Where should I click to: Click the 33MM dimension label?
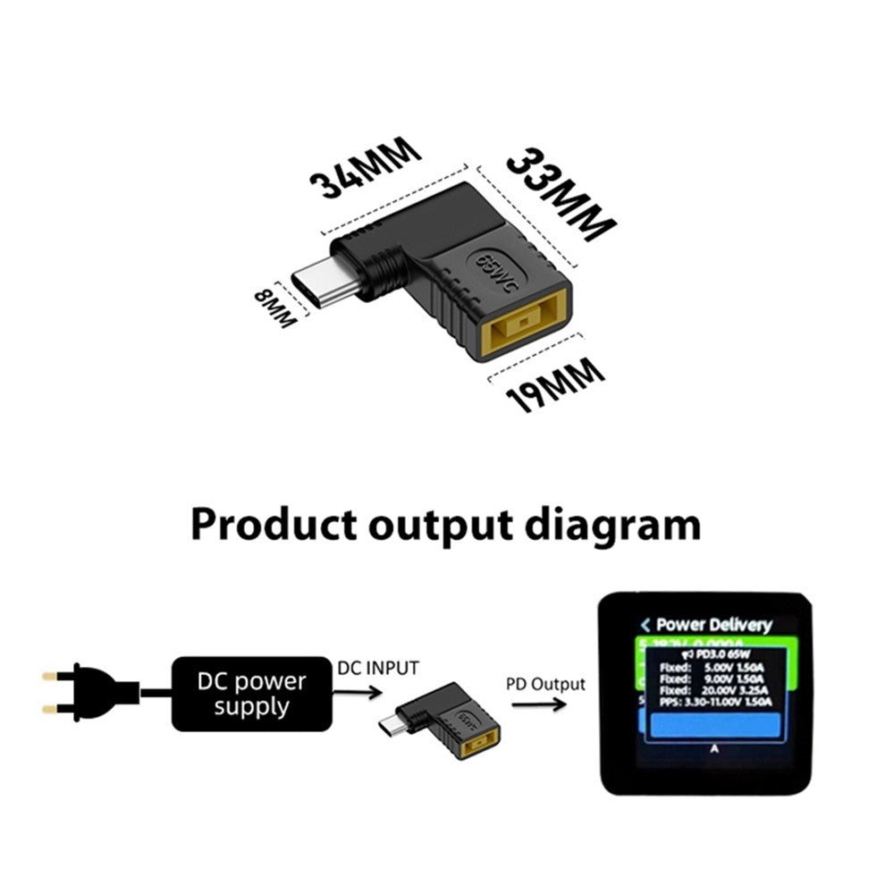pos(561,194)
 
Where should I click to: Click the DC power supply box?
pos(251,695)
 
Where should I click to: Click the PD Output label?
pos(545,685)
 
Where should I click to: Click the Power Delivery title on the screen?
pos(713,625)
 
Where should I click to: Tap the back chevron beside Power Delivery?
pos(645,625)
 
